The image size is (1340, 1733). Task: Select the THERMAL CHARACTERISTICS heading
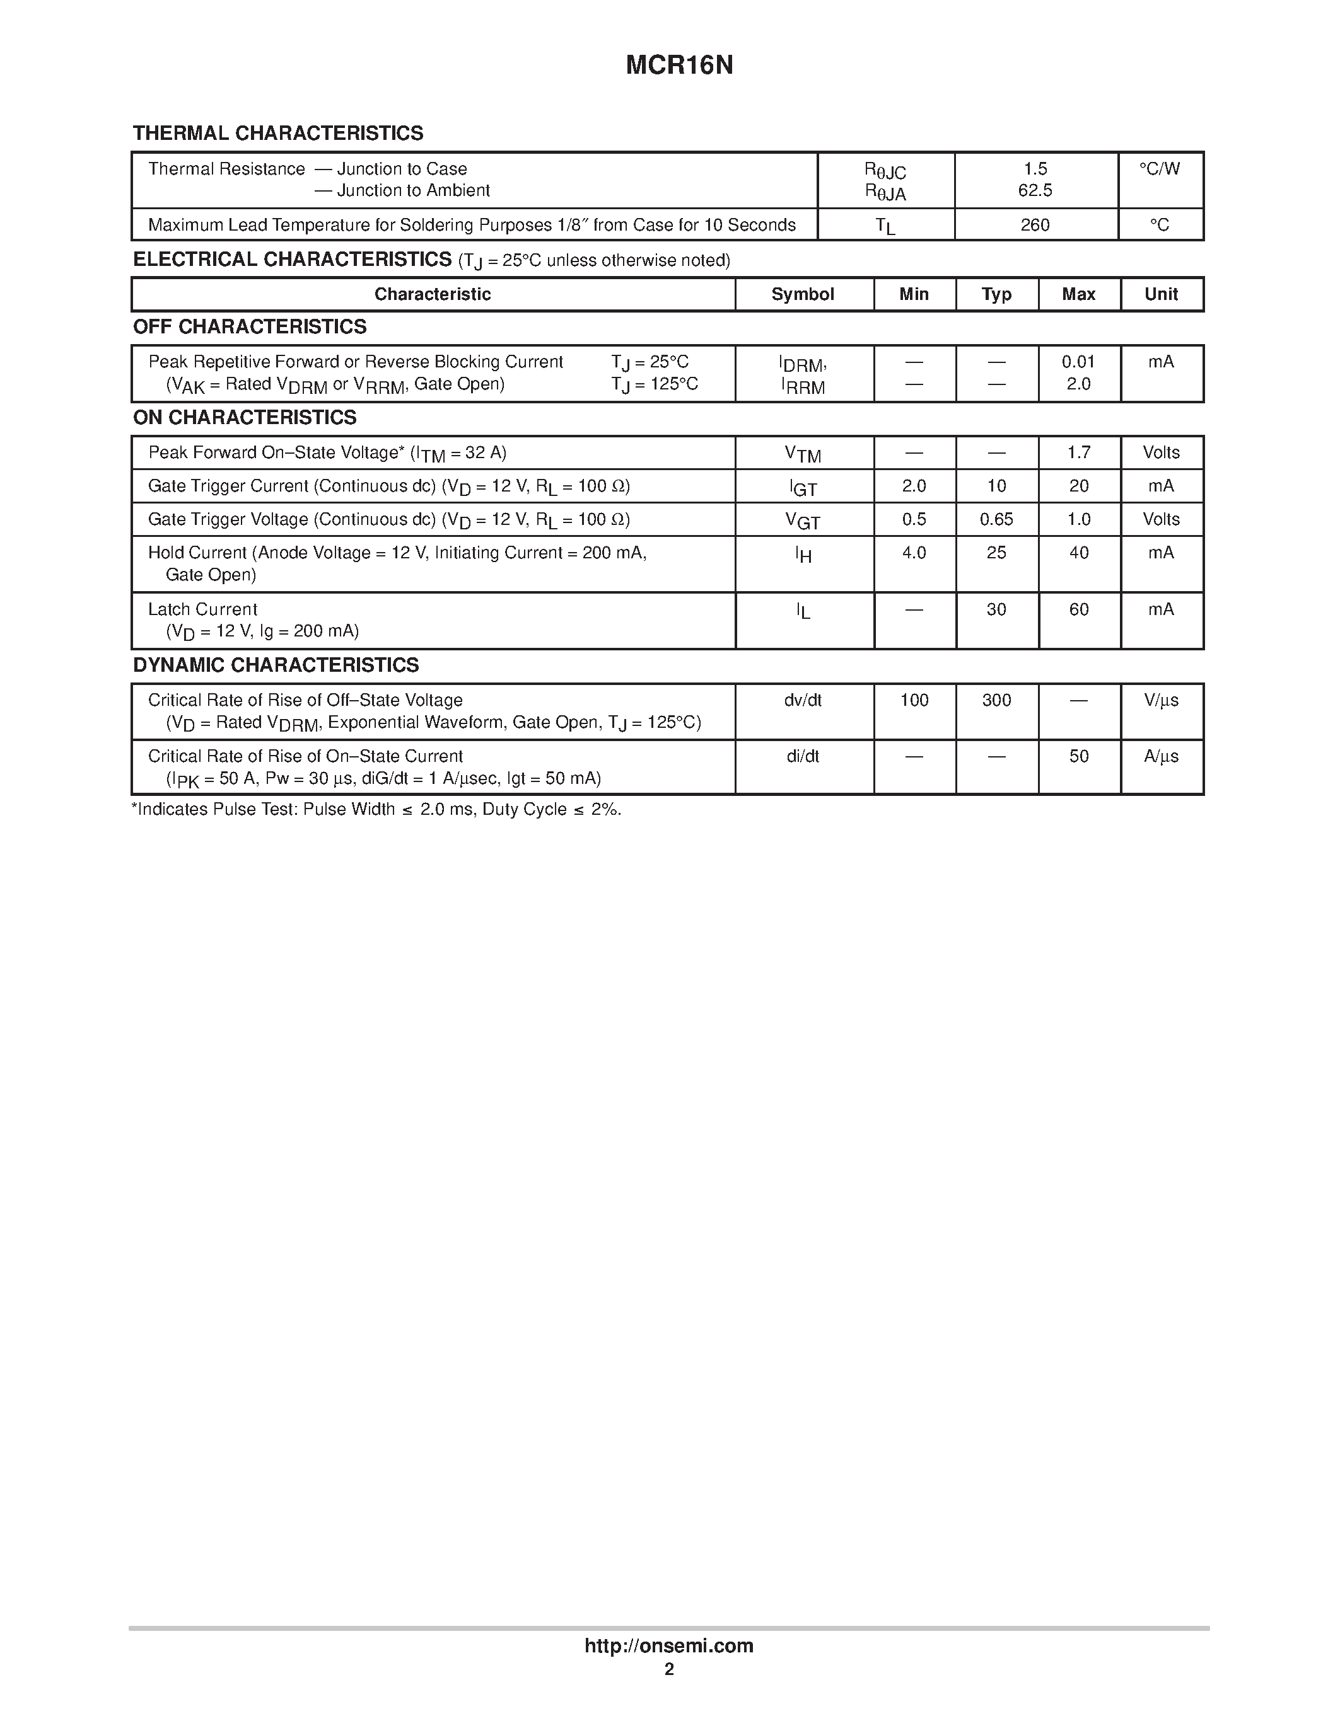tap(278, 134)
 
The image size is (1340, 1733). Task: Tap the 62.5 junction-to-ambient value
tap(1035, 190)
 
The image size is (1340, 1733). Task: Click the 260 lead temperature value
tap(1035, 226)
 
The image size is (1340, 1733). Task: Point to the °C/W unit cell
tap(1160, 169)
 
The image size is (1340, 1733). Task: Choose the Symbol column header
tap(803, 294)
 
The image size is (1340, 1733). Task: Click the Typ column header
tap(996, 294)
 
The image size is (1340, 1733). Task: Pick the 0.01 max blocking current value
tap(1078, 362)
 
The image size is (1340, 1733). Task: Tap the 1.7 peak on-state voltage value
tap(1078, 452)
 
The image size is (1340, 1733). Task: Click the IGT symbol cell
tap(803, 487)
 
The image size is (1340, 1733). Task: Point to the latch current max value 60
tap(1078, 609)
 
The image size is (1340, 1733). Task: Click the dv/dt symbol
tap(803, 700)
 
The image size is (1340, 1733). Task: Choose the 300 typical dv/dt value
tap(996, 700)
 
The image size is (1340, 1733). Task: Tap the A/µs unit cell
tap(1160, 756)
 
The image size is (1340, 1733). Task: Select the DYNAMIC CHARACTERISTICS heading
tap(276, 665)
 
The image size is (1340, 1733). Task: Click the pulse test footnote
tap(376, 809)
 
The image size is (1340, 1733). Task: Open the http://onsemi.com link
tap(668, 1645)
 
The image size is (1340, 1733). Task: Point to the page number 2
tap(669, 1669)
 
